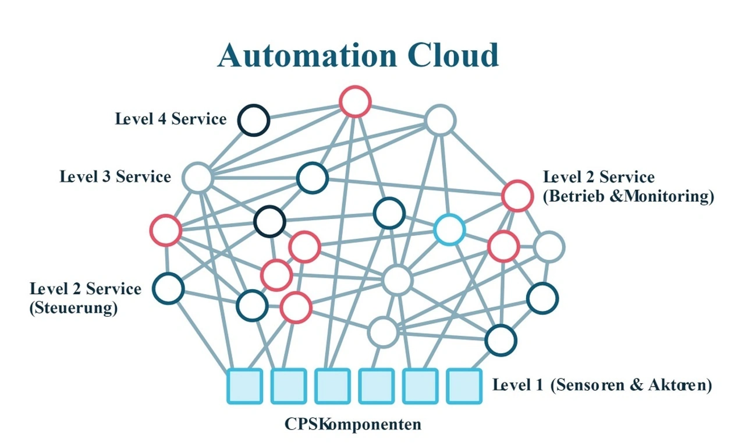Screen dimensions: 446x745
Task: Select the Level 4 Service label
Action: point(171,119)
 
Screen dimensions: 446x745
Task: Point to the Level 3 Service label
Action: point(115,176)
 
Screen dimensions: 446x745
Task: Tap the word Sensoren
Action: point(587,385)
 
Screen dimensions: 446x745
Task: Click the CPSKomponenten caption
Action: point(353,424)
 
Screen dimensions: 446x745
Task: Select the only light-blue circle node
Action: point(449,229)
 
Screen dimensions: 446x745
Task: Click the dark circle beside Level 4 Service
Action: point(253,121)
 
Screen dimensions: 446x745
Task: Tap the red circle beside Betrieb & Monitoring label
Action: point(517,196)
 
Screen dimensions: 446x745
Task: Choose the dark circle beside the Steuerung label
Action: point(168,288)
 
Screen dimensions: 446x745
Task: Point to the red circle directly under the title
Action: point(355,101)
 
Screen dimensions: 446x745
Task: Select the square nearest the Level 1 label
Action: point(464,385)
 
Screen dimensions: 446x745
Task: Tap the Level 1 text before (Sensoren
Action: point(517,385)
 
